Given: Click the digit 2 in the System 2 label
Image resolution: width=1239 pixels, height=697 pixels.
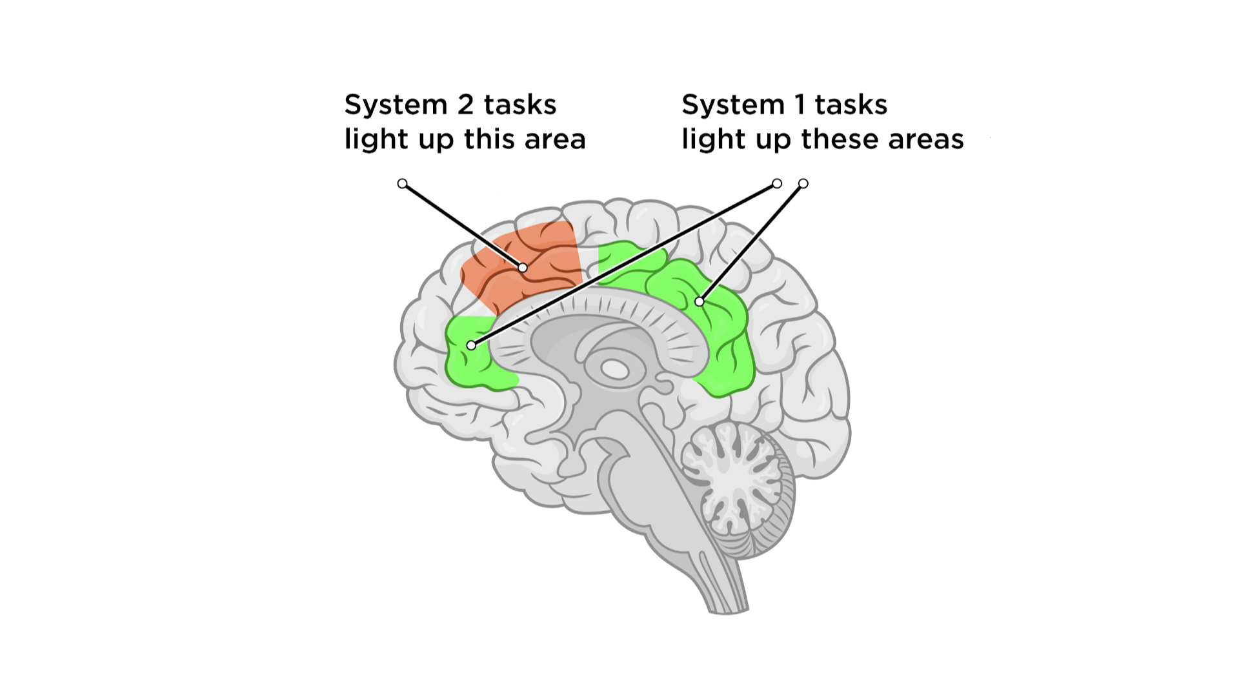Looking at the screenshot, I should (465, 105).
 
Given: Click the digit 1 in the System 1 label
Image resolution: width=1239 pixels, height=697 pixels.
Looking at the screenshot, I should (800, 105).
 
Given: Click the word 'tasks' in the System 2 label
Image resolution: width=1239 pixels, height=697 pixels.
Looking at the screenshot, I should (520, 105).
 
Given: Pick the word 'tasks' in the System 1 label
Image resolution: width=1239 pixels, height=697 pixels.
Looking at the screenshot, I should (851, 105).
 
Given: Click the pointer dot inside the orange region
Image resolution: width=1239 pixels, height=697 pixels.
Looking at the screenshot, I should (523, 268).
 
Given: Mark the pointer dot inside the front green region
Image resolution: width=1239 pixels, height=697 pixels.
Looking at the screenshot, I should (472, 346).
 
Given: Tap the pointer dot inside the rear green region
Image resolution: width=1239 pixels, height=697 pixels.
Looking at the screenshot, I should (700, 301).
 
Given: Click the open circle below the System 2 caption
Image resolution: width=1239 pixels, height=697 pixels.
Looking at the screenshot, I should (403, 184).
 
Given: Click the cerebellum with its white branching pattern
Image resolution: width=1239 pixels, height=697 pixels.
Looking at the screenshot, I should (736, 478).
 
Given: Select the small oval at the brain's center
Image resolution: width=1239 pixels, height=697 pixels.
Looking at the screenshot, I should (615, 370).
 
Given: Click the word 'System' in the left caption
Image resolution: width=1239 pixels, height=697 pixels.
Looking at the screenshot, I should (396, 105).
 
